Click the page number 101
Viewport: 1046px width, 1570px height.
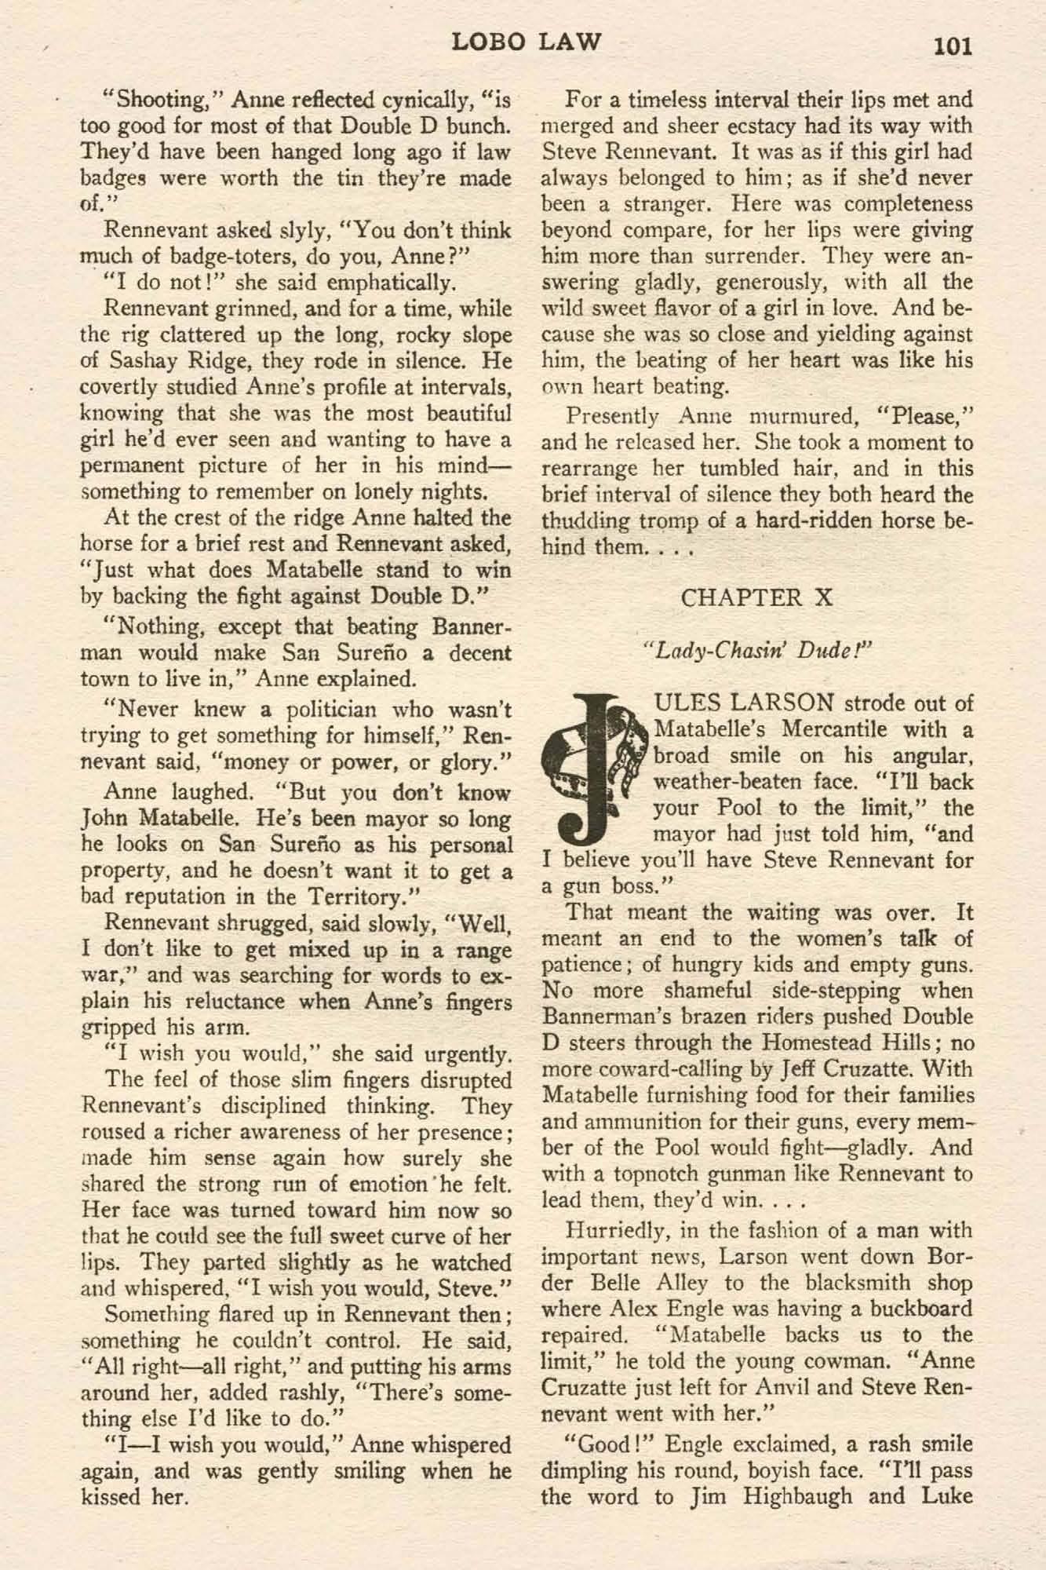click(x=952, y=46)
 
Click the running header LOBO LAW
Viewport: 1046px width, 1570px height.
click(x=527, y=42)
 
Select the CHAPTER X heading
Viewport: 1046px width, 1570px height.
click(x=756, y=597)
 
